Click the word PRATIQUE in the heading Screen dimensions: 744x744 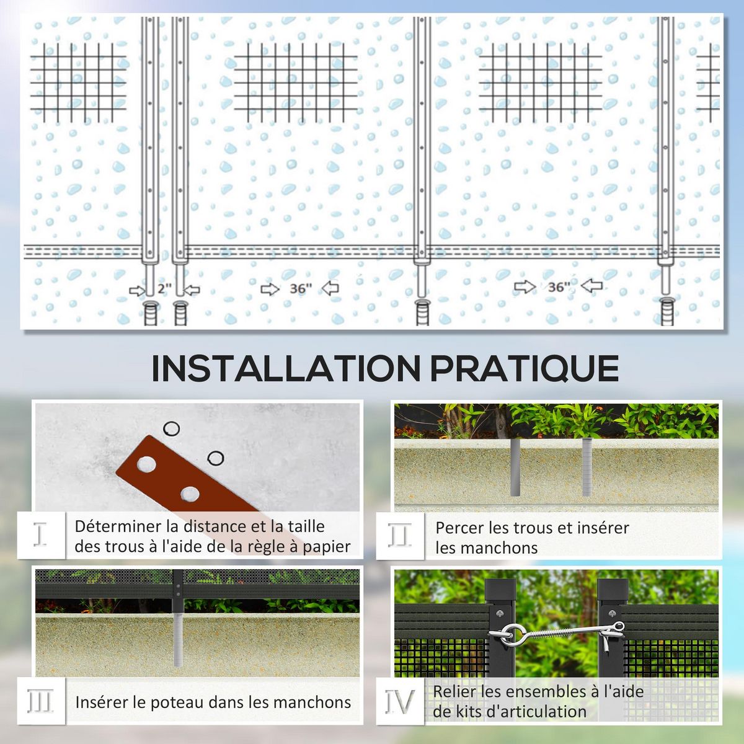(x=525, y=369)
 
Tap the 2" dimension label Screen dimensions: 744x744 (x=164, y=289)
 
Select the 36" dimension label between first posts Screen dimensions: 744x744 (x=301, y=289)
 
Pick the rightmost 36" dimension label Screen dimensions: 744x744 (x=559, y=286)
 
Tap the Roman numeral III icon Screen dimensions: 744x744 (x=41, y=702)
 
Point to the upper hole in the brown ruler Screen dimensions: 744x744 (x=147, y=464)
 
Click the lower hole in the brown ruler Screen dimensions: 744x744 (x=190, y=494)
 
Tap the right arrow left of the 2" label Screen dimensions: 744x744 (x=136, y=290)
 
